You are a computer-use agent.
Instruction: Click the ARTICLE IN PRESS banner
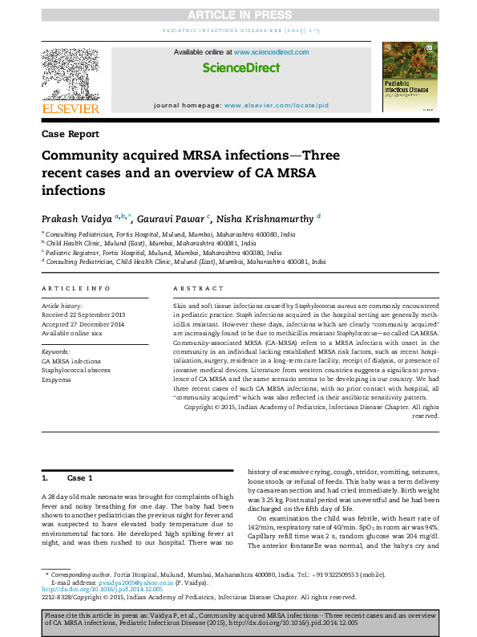(238, 15)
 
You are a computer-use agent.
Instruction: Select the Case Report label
(71, 133)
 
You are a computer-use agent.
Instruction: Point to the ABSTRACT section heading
(192, 288)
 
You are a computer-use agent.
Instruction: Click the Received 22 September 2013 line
(84, 314)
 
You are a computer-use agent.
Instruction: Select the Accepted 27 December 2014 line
(83, 323)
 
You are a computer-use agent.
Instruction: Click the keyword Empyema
(57, 379)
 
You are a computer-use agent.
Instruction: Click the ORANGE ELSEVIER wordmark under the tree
(71, 108)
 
